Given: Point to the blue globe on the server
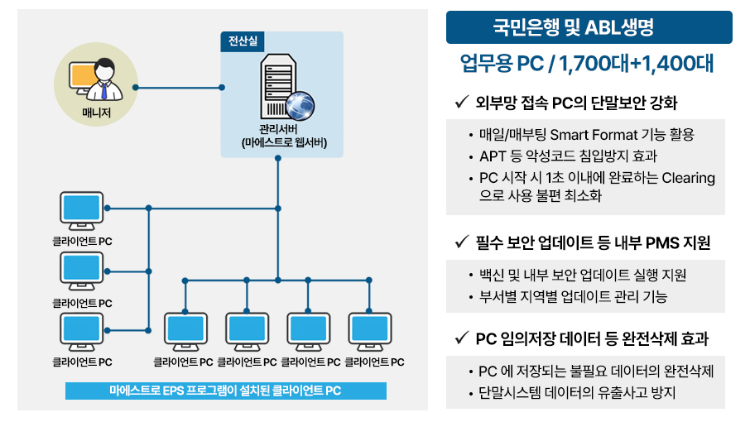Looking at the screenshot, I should tap(300, 105).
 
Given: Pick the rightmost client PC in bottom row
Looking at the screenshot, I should tap(369, 332).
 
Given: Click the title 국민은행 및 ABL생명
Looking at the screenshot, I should tap(589, 28).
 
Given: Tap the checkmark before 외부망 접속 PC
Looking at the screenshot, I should tap(460, 103).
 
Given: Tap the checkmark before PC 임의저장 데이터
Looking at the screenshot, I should tap(460, 338).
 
